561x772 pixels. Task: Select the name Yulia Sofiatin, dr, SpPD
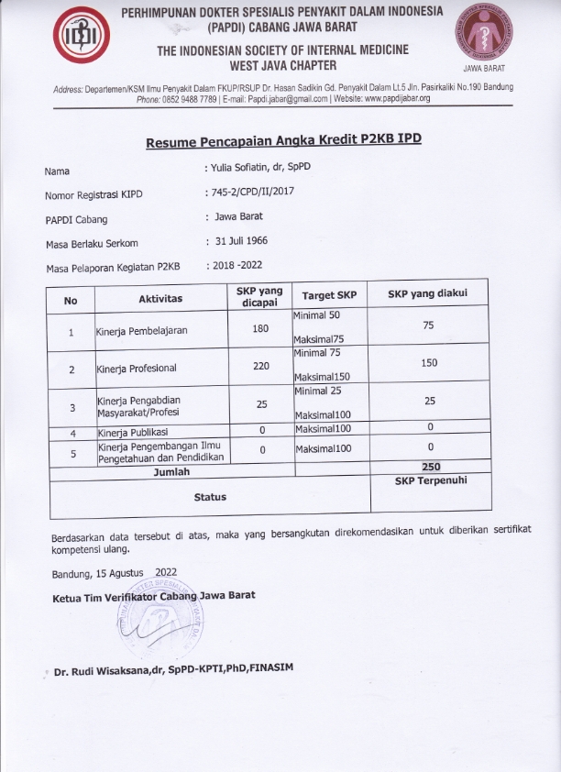pyautogui.click(x=260, y=170)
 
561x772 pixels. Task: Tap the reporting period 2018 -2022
pyautogui.click(x=238, y=266)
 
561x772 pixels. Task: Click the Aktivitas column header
pyautogui.click(x=160, y=299)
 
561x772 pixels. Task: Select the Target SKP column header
pyautogui.click(x=329, y=296)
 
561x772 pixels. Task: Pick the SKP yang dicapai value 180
pyautogui.click(x=260, y=329)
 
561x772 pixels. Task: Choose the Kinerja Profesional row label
pyautogui.click(x=137, y=369)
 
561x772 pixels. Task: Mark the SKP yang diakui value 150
pyautogui.click(x=430, y=363)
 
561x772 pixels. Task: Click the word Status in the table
pyautogui.click(x=210, y=496)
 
